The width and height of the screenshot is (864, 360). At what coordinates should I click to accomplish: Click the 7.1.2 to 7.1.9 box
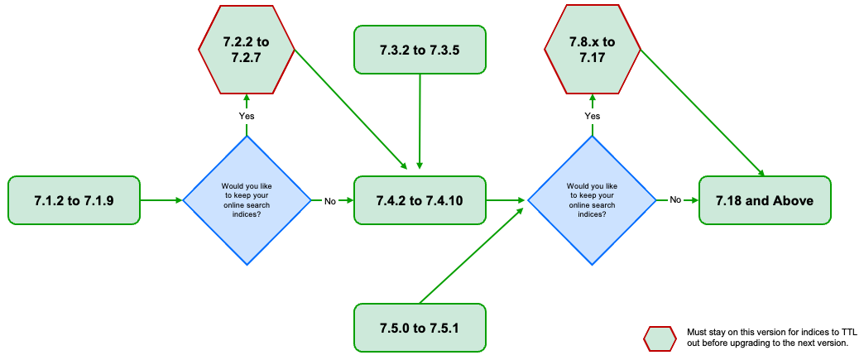(x=74, y=199)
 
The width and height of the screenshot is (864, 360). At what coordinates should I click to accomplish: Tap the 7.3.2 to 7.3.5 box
(x=420, y=49)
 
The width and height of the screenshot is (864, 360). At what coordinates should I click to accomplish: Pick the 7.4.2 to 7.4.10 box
(x=420, y=199)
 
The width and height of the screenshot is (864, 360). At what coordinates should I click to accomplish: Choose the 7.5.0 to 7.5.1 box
(x=420, y=328)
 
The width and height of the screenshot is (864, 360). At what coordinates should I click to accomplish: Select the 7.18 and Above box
(x=765, y=199)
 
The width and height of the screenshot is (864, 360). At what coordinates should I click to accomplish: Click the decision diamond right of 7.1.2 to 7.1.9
(x=247, y=199)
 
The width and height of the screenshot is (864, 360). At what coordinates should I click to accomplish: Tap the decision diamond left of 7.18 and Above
(x=593, y=199)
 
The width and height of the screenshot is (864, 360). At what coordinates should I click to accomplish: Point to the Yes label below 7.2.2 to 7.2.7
(x=247, y=116)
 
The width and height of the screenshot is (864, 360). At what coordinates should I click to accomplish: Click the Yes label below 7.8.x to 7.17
(x=593, y=116)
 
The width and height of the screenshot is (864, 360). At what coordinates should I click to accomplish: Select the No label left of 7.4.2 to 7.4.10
(x=330, y=200)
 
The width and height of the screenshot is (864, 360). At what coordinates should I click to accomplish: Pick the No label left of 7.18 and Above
(x=675, y=200)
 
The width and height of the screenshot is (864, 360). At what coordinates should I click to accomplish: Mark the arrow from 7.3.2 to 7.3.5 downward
(x=420, y=120)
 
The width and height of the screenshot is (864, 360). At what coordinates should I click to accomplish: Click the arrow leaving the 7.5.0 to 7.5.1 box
(x=472, y=252)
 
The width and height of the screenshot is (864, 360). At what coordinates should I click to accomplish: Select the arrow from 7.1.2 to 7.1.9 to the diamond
(x=161, y=199)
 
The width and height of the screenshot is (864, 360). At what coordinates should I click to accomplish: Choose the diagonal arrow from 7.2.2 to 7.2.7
(x=351, y=108)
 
